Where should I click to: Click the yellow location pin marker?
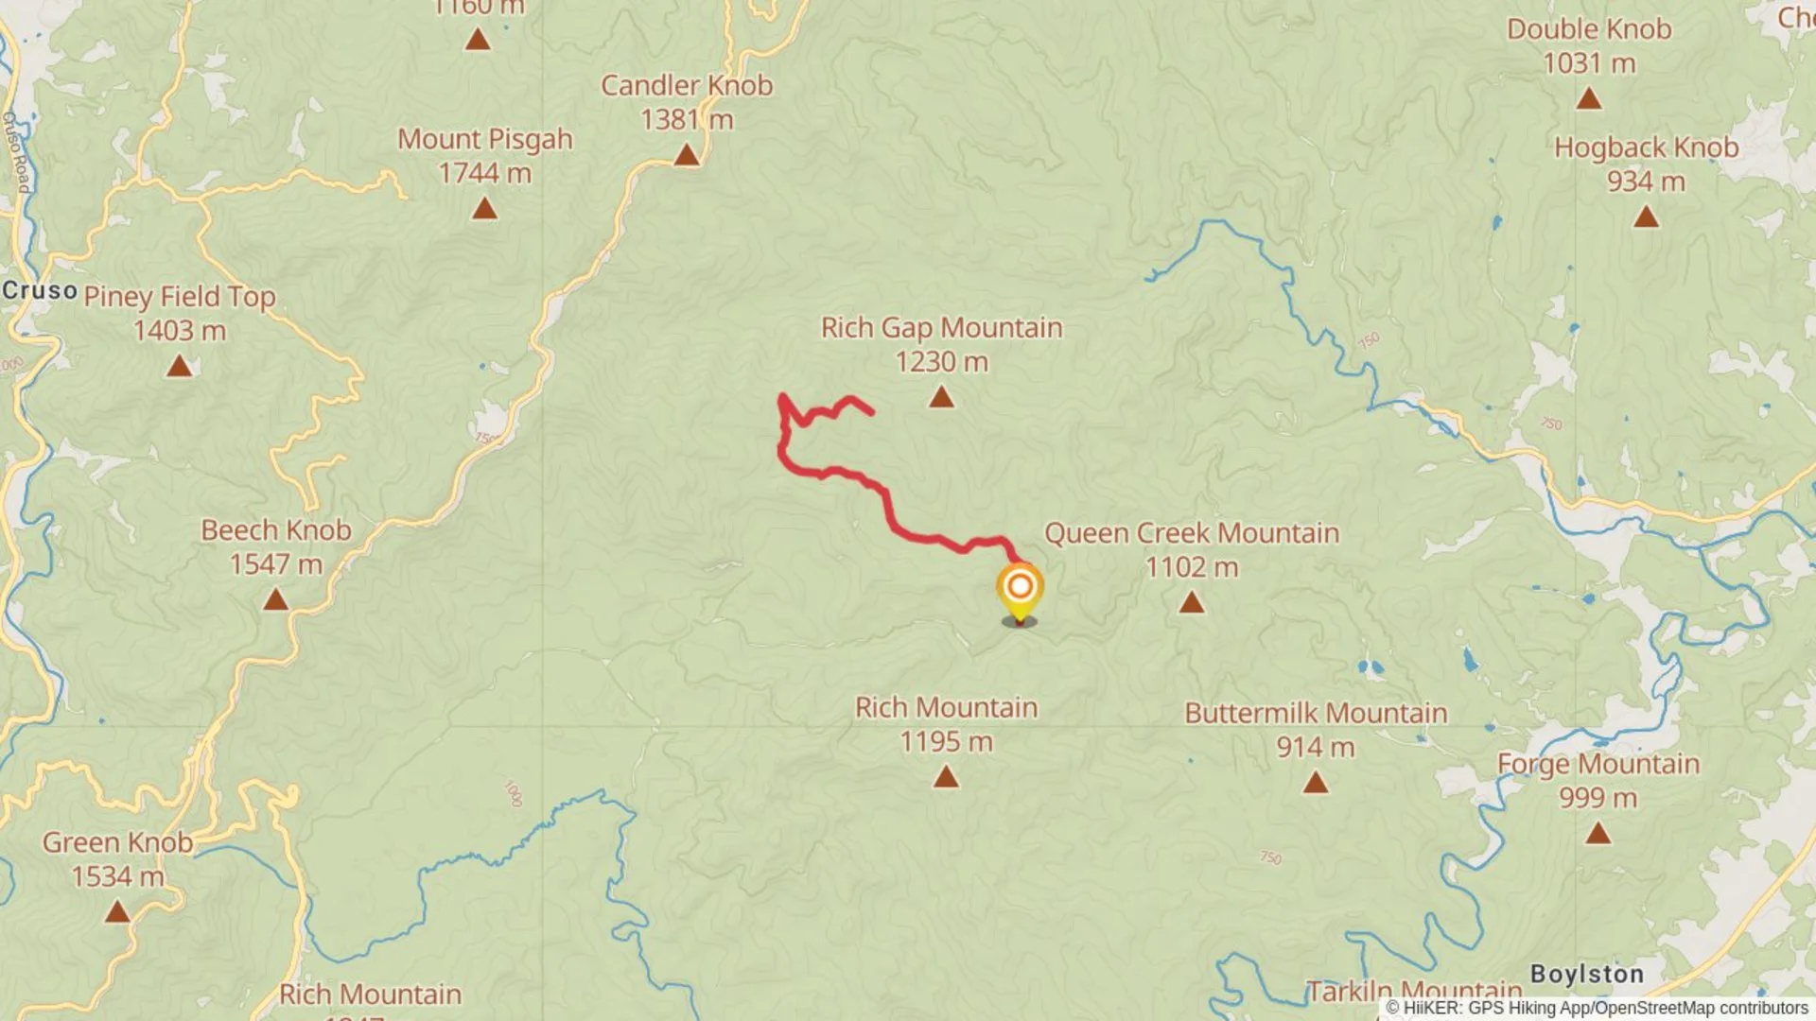[x=1020, y=589]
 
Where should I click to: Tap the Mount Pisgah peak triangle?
[x=484, y=208]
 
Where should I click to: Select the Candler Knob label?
[x=687, y=85]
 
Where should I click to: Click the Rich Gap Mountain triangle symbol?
[x=941, y=397]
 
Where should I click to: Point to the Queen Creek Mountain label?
[x=1191, y=533]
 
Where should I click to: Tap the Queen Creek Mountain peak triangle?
[x=1191, y=602]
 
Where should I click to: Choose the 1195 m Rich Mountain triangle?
[x=946, y=777]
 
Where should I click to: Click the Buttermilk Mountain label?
[x=1316, y=713]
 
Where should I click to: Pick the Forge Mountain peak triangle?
[x=1598, y=833]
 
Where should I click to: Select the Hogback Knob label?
[x=1646, y=147]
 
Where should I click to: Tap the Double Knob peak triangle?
[x=1589, y=98]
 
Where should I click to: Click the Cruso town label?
[x=40, y=290]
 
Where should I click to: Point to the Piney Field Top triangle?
[x=179, y=366]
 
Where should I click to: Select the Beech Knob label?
[x=276, y=530]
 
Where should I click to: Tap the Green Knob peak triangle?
[x=117, y=911]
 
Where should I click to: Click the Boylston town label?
[x=1586, y=974]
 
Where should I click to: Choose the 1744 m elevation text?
[x=484, y=174]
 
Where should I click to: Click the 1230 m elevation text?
[x=941, y=362]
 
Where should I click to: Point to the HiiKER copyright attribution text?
[x=1597, y=1009]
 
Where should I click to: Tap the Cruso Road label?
[x=16, y=151]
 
